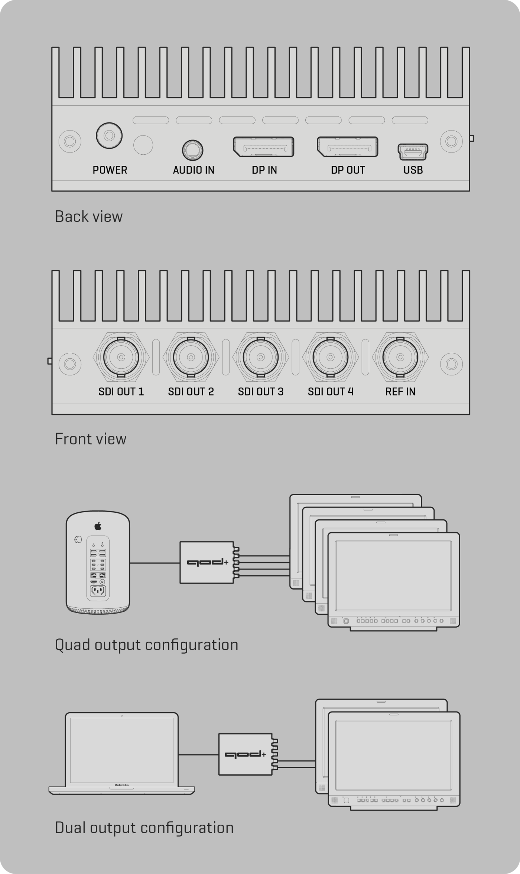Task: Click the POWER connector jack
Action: pos(109,135)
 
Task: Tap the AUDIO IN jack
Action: pos(192,150)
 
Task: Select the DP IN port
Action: pos(263,147)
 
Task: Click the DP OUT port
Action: pos(347,147)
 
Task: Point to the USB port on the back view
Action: pos(413,152)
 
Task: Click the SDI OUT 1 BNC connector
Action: pos(121,357)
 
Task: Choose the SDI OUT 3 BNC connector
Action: pos(261,357)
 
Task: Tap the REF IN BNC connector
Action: pos(400,357)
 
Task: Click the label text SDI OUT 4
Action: pos(331,392)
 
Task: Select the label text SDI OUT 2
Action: pos(191,392)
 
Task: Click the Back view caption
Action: pos(89,217)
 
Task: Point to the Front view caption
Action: pos(91,439)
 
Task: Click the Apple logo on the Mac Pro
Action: pos(98,526)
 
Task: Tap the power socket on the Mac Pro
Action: pos(98,591)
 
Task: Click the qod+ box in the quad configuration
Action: pos(207,562)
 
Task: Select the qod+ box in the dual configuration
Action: pos(245,754)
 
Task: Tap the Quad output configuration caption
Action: pos(146,645)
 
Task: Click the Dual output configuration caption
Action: pos(144,828)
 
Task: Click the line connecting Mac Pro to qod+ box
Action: pos(155,563)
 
